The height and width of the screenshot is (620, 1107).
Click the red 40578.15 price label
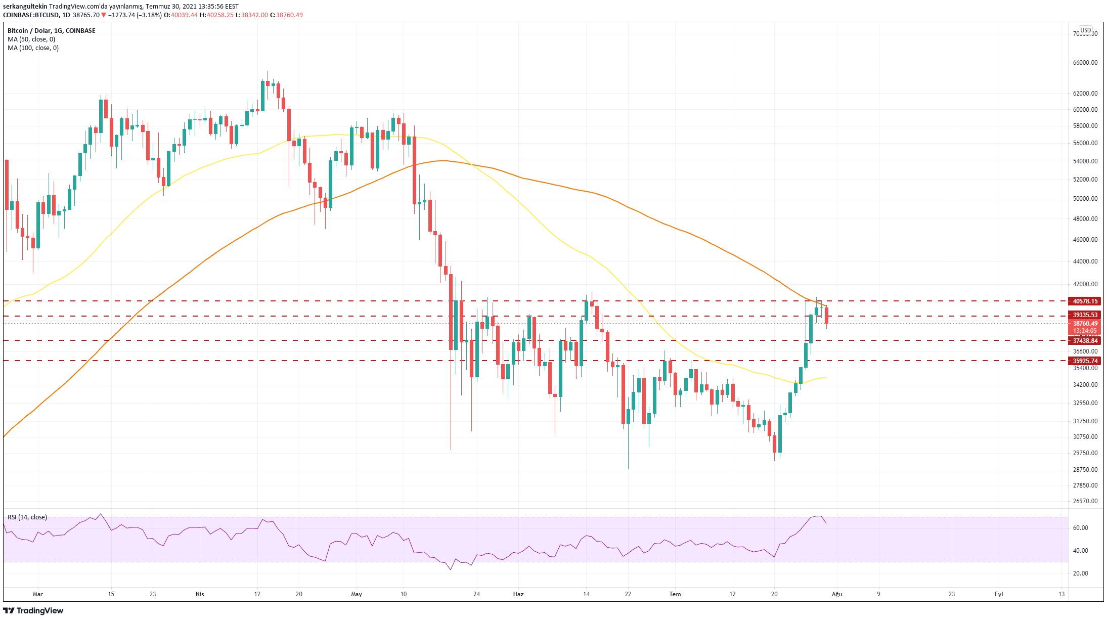tap(1085, 301)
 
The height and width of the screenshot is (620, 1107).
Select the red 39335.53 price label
tap(1085, 315)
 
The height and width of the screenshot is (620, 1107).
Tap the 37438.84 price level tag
tap(1085, 341)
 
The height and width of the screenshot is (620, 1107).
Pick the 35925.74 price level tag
tap(1085, 361)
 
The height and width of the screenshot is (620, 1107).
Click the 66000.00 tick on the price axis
tap(1085, 63)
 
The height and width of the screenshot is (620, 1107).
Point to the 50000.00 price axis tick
tap(1085, 199)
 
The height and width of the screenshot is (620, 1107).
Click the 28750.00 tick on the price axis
tap(1085, 470)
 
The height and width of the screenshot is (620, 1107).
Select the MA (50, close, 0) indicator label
tap(31, 39)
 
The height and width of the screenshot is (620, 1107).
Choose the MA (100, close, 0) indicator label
tap(33, 48)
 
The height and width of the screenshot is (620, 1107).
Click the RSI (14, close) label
tap(27, 517)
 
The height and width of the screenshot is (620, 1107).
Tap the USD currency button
tap(1086, 30)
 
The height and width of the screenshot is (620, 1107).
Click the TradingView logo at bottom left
tap(33, 611)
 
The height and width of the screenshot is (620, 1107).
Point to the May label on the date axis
tap(357, 594)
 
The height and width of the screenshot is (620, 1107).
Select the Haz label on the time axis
tap(518, 594)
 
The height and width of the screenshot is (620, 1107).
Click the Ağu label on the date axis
tap(837, 594)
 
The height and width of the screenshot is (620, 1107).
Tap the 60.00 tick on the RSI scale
tap(1080, 528)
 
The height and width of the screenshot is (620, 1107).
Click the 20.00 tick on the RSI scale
tap(1080, 573)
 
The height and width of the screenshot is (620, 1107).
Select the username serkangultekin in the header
tap(25, 7)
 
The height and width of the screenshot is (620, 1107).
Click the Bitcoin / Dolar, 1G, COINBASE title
tap(52, 31)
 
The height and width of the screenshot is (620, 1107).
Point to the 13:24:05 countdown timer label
tap(1085, 331)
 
